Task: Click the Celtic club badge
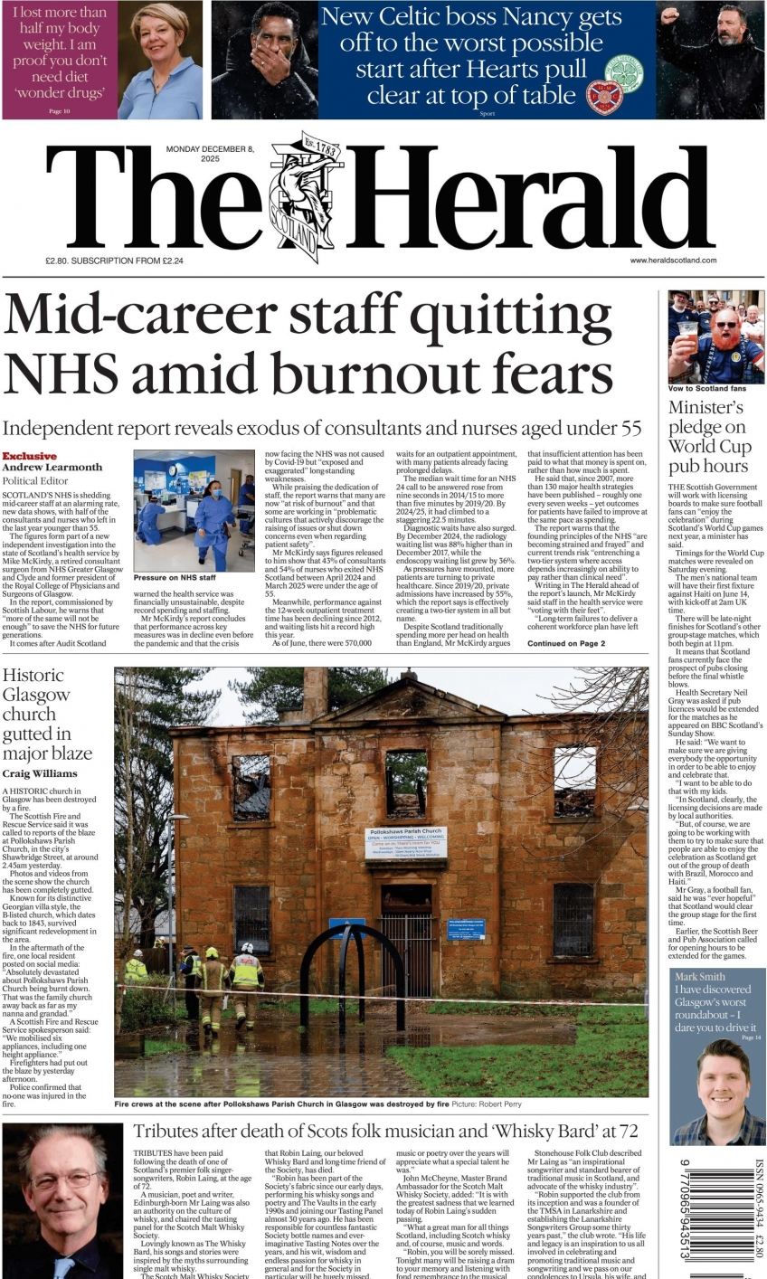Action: [x=623, y=71]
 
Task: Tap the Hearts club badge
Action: [x=604, y=97]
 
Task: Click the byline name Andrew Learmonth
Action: [x=52, y=468]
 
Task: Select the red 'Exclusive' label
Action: [x=29, y=456]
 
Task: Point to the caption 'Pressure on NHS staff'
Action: [x=175, y=577]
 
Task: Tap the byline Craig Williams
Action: [x=39, y=773]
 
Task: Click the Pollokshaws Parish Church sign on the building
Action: [x=406, y=843]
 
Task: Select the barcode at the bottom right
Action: [x=714, y=1217]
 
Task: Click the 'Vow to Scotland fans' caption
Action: [x=707, y=388]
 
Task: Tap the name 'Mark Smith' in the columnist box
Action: [x=700, y=977]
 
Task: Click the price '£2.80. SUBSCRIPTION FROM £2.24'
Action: [x=114, y=261]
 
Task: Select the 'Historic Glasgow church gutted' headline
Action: [x=47, y=714]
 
